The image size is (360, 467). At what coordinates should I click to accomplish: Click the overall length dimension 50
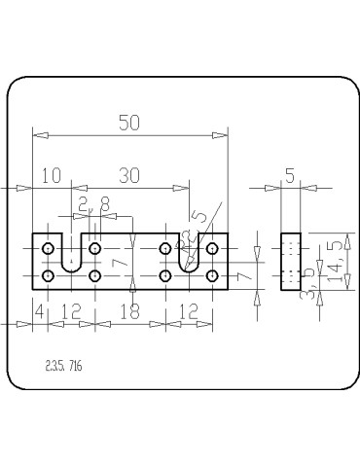[x=128, y=123]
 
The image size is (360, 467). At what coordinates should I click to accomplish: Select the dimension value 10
[x=51, y=175]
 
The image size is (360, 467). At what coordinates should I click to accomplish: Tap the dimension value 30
[x=128, y=175]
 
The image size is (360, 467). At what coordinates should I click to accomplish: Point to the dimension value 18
[x=129, y=310]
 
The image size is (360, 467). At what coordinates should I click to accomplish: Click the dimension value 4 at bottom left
[x=38, y=310]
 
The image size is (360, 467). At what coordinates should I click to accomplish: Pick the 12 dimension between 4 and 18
[x=71, y=310]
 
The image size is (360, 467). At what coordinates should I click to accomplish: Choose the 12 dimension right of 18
[x=189, y=310]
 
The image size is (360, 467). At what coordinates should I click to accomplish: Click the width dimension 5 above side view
[x=290, y=175]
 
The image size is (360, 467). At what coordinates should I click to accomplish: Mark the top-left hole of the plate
[x=48, y=250]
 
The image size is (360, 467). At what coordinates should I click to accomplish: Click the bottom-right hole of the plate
[x=212, y=276]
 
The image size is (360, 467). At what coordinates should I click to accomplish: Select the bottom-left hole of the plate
[x=48, y=276]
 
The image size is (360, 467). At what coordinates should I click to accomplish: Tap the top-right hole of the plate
[x=212, y=250]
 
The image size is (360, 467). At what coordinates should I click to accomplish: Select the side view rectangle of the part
[x=290, y=261]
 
